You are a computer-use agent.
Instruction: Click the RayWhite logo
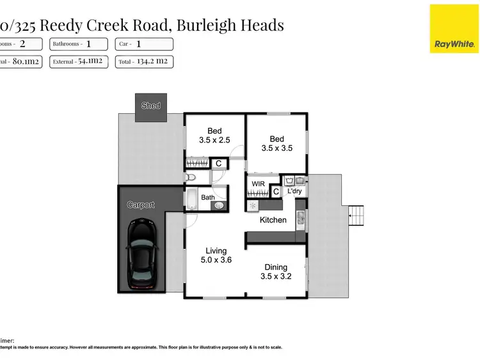click(454, 29)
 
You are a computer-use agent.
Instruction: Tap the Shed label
click(151, 106)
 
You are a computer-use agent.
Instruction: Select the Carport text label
click(141, 205)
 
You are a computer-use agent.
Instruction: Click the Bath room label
click(209, 198)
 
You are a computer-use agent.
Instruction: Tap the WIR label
click(258, 184)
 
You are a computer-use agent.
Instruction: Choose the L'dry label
click(295, 191)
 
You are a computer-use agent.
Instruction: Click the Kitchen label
click(273, 220)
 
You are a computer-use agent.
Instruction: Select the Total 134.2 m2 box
click(145, 62)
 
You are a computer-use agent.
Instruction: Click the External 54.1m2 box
click(79, 62)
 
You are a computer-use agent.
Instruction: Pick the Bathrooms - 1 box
click(79, 44)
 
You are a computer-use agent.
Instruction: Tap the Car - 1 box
click(145, 44)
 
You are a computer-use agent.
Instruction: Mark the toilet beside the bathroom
click(188, 177)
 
